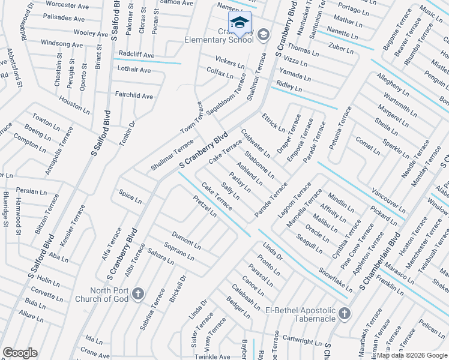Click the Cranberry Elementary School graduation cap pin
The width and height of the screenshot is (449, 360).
(240, 23)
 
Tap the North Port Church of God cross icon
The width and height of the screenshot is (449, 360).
(138, 293)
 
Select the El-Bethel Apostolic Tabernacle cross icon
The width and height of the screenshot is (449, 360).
(344, 313)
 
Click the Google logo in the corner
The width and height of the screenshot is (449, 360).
(20, 353)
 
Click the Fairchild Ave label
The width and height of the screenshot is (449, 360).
(134, 96)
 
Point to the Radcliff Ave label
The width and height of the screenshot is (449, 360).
(136, 55)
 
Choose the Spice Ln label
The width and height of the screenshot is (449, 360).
(130, 196)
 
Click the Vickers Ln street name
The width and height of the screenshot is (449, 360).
(230, 62)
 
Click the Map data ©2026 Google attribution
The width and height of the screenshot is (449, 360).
(412, 355)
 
